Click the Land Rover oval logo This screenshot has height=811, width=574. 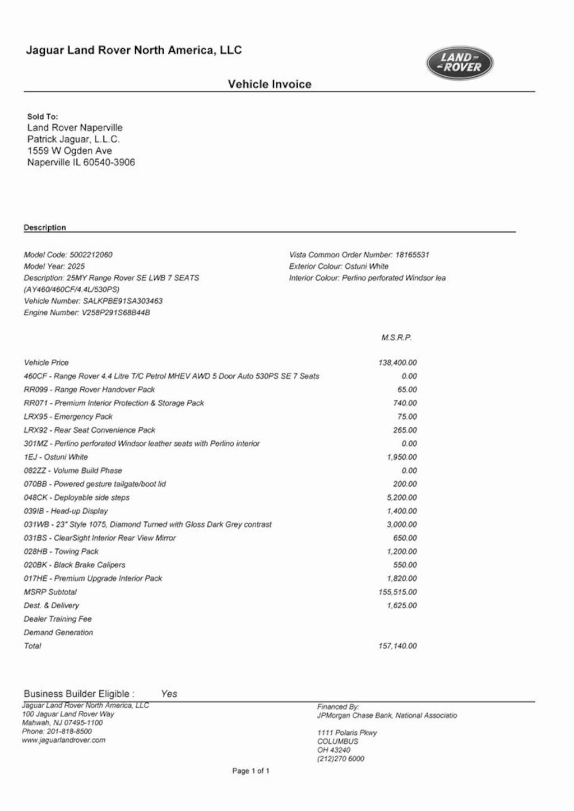(460, 63)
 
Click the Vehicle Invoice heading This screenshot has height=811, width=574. (269, 84)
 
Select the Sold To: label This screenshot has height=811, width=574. (43, 116)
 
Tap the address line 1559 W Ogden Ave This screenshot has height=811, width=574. (70, 151)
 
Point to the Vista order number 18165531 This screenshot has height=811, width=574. (412, 255)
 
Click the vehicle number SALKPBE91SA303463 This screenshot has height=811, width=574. (123, 301)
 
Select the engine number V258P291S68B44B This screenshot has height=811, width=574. (116, 313)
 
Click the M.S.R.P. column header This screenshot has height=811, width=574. (396, 337)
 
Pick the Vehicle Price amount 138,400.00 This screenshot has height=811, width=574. (397, 363)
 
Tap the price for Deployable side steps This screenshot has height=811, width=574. (402, 497)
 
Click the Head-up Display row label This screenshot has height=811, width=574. (66, 511)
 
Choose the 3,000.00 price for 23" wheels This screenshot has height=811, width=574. (402, 524)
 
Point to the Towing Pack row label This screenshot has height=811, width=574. (61, 551)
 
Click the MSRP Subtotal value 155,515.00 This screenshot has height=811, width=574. (397, 592)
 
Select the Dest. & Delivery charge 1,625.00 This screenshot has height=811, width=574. (402, 605)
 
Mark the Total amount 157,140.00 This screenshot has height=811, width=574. (397, 646)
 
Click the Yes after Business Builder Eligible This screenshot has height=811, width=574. (169, 693)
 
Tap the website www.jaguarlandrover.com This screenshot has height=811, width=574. (63, 740)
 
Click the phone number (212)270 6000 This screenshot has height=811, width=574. (340, 759)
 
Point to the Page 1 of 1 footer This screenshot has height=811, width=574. (251, 771)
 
